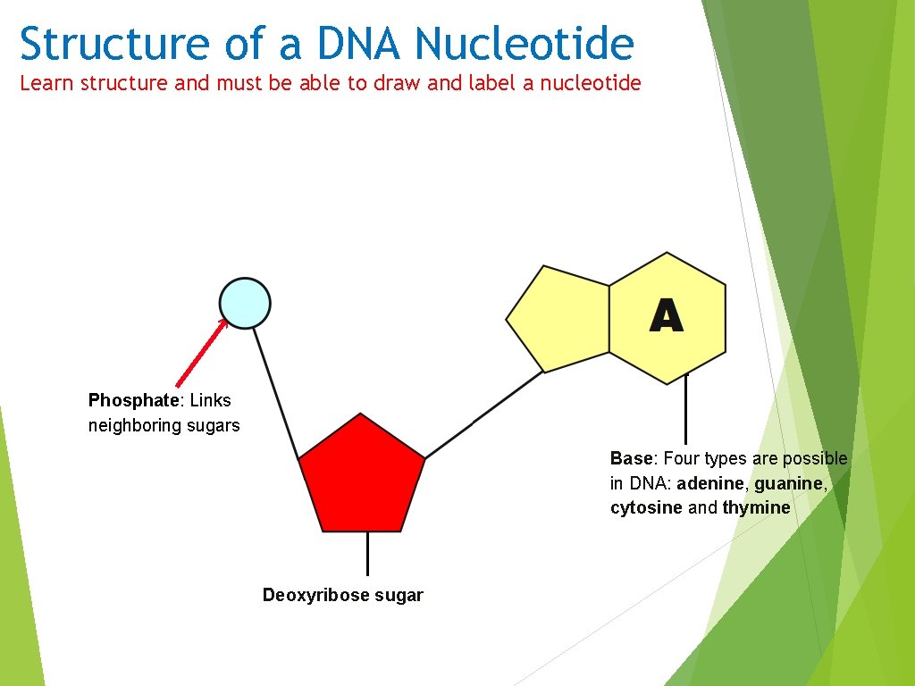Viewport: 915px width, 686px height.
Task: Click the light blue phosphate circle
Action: pyautogui.click(x=245, y=303)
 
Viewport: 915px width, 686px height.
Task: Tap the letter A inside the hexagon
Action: pyautogui.click(x=667, y=316)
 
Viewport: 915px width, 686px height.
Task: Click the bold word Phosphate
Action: pyautogui.click(x=133, y=400)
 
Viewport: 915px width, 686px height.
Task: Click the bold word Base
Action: pyautogui.click(x=632, y=458)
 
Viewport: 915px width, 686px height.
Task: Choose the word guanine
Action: pyautogui.click(x=789, y=483)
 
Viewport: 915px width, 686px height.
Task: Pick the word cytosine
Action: pyautogui.click(x=646, y=507)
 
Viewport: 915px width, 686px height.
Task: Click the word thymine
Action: pyautogui.click(x=757, y=507)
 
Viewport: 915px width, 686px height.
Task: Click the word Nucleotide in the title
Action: pyautogui.click(x=525, y=44)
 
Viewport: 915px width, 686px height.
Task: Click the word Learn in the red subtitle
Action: pyautogui.click(x=47, y=83)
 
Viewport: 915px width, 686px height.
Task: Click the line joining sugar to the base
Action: pyautogui.click(x=483, y=414)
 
